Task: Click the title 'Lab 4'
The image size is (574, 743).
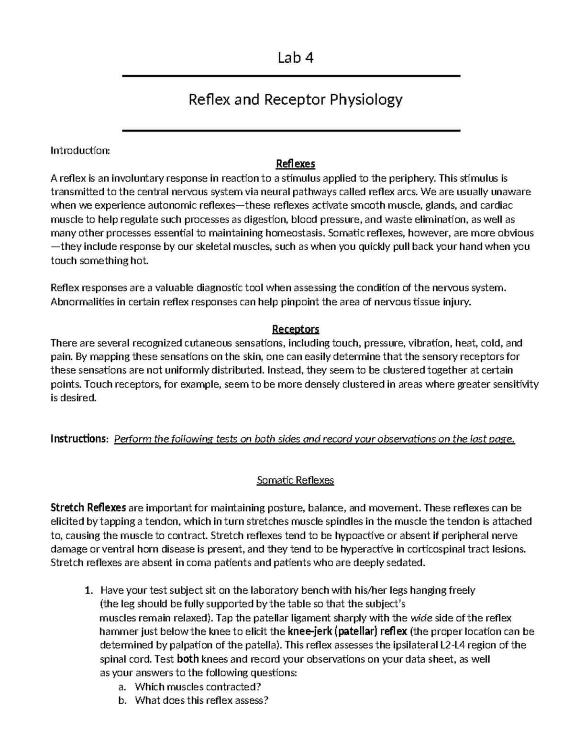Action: [296, 58]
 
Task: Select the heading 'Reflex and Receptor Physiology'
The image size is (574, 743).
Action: [296, 100]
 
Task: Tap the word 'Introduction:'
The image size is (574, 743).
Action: [80, 151]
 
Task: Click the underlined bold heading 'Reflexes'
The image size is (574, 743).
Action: [296, 164]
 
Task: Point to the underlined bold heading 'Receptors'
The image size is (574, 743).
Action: [296, 329]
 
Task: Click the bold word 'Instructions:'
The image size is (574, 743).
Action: [79, 439]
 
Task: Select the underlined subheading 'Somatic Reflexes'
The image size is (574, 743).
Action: [295, 480]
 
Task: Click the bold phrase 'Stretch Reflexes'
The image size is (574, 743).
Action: [88, 508]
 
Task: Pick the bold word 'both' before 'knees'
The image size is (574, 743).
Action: [188, 659]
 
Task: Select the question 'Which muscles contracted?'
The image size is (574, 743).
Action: [199, 687]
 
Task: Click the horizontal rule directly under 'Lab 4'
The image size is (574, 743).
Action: [291, 76]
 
